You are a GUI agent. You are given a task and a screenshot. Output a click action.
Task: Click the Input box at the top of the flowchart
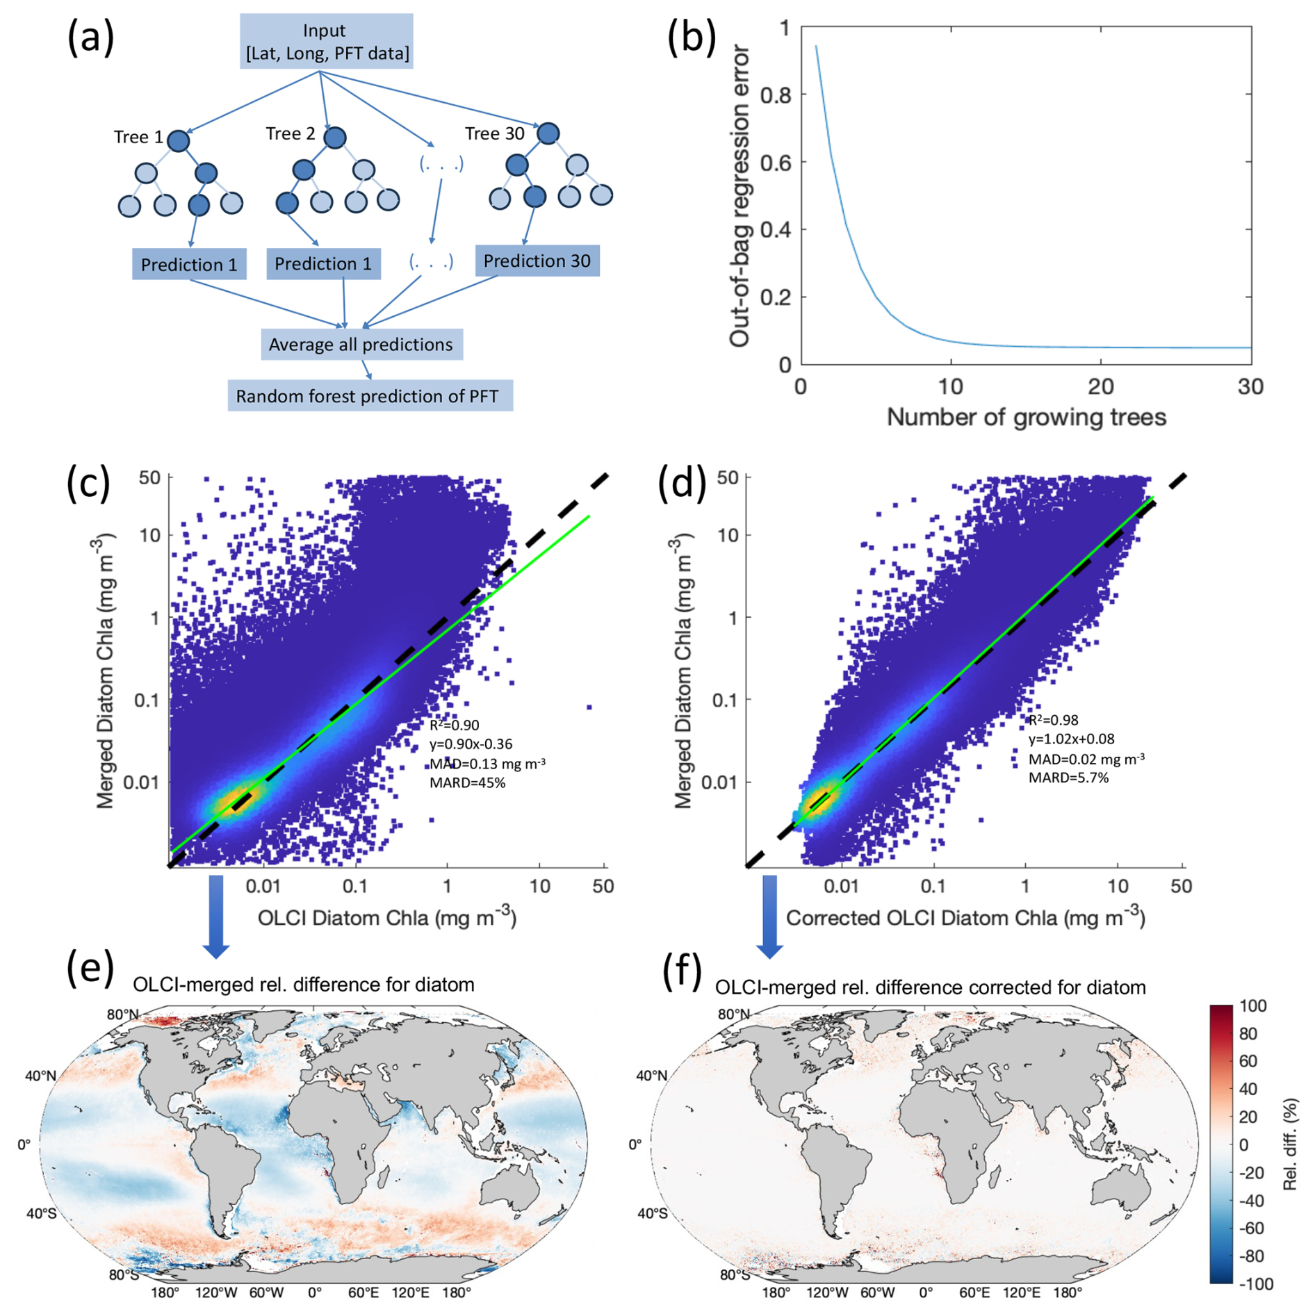(326, 41)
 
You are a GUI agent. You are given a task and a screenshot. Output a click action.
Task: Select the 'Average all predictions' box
(361, 345)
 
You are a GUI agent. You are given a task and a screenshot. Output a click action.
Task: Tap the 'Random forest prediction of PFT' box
(369, 396)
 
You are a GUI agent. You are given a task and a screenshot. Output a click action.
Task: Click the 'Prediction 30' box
(537, 261)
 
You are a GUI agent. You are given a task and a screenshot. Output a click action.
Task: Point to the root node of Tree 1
(179, 141)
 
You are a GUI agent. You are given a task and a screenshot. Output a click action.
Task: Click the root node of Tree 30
(548, 133)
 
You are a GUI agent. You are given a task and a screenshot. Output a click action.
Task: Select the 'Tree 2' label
(290, 133)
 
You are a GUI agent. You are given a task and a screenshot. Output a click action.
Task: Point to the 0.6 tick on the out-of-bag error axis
(776, 163)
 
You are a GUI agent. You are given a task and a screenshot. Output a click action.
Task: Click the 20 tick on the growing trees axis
(1100, 387)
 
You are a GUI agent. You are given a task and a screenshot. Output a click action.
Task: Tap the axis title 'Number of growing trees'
(1026, 418)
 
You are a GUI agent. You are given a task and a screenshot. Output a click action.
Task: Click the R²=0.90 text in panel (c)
(454, 725)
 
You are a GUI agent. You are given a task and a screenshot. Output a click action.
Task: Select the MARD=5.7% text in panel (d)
(1068, 778)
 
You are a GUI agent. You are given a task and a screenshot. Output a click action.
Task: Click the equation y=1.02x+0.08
(1071, 739)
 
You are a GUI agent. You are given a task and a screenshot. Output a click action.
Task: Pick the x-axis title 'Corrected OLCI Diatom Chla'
(965, 918)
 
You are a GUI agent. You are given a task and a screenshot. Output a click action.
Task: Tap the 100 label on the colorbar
(1252, 1006)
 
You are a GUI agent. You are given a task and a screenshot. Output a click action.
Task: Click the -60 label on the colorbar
(1252, 1229)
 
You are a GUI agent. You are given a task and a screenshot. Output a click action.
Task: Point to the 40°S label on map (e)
(41, 1213)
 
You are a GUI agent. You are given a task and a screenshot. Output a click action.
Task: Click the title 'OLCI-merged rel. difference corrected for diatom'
(930, 987)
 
